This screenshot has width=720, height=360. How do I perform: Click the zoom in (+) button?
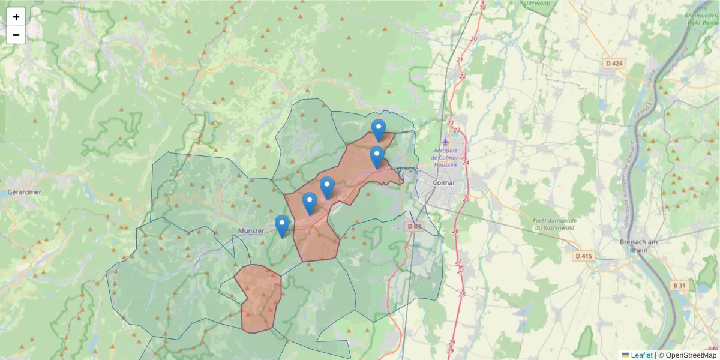16,17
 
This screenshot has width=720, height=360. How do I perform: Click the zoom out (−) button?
16,35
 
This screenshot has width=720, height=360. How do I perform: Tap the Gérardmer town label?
24,193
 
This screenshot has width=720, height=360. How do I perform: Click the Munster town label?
251,230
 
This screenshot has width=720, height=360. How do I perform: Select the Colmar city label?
443,183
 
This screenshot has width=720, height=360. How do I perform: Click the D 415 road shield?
583,256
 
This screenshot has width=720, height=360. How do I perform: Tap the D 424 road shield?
614,63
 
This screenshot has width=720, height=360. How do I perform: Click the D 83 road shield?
414,227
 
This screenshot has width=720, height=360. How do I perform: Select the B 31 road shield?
679,286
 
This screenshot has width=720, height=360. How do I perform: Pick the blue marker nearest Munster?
282,226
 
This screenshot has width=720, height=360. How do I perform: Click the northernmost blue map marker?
379,129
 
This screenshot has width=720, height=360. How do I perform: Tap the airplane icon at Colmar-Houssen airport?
445,142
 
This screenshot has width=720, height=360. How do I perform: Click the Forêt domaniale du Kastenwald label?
555,224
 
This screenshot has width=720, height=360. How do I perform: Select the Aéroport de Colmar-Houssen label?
446,157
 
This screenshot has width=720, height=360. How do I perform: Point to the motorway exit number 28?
461,294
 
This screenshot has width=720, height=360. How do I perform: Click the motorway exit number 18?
482,7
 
